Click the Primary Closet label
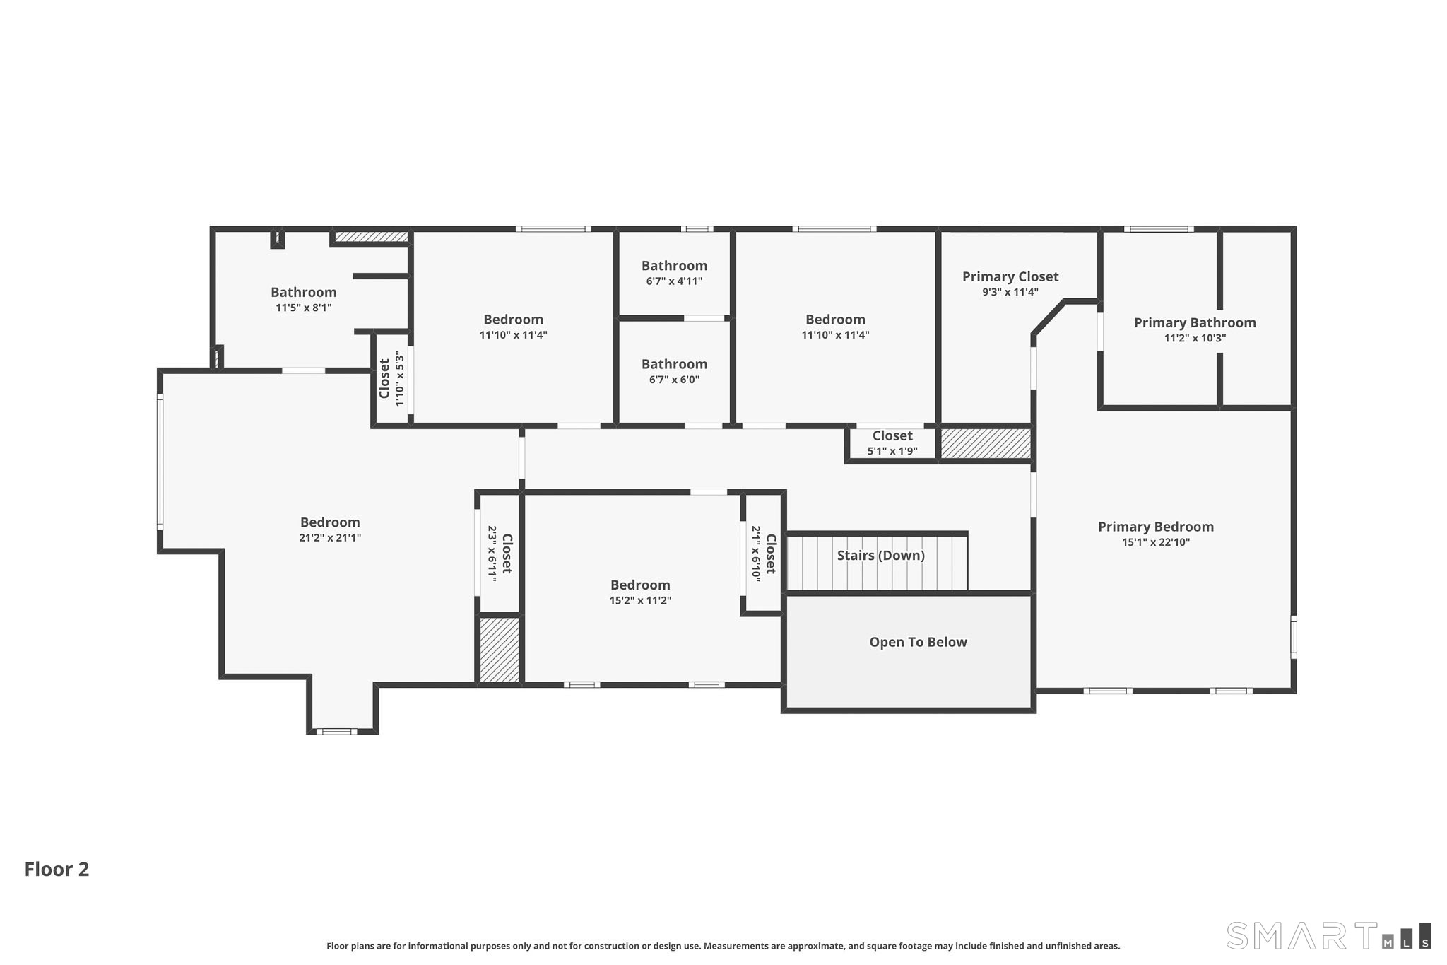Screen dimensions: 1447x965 [1010, 276]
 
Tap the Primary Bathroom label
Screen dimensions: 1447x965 [1195, 322]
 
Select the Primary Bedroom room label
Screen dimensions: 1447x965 [1156, 527]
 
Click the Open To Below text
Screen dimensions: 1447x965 [918, 642]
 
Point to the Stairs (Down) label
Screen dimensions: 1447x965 [881, 556]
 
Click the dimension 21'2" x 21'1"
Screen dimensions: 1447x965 [330, 537]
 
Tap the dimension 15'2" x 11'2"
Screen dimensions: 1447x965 [640, 600]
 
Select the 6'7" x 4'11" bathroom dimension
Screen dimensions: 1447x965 [674, 281]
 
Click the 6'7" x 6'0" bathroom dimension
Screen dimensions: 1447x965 [674, 379]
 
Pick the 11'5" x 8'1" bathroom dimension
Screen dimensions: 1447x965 [304, 308]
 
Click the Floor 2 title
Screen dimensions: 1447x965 [57, 869]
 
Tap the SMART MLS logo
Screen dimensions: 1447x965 [1329, 935]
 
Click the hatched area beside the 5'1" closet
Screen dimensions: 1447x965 [986, 443]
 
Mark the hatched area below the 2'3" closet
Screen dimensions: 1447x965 [500, 650]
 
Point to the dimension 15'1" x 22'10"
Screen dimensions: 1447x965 [1156, 542]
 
